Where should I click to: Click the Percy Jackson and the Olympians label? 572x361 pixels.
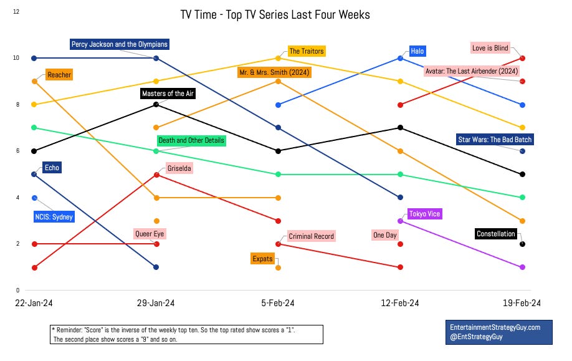119,44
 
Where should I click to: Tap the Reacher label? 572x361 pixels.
59,75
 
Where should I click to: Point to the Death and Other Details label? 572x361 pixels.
191,140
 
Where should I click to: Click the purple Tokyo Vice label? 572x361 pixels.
424,214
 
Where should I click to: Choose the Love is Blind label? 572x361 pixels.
490,48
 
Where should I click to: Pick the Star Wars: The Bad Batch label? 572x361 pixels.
495,139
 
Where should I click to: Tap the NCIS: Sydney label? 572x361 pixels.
54,217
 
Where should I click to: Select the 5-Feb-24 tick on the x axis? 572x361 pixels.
279,302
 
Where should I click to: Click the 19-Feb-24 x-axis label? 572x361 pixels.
522,302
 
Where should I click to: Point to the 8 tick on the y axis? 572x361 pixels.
17,105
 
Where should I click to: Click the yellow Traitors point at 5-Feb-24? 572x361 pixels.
279,58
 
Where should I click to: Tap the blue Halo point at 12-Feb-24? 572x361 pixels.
401,58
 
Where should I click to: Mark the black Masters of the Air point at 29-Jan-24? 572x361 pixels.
156,105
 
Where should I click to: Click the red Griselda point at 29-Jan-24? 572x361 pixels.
156,175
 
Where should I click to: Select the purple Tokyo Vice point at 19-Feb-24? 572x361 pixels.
523,267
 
